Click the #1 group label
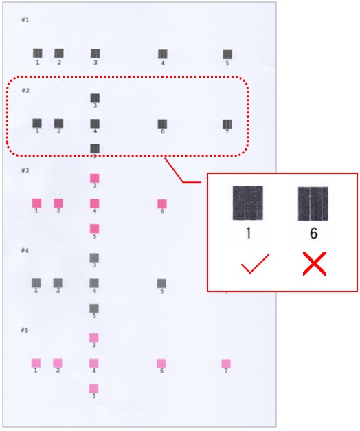tap(25, 20)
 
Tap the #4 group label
tap(25, 250)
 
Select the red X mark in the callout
tap(315, 263)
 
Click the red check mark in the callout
tap(255, 263)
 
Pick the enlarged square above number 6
tap(313, 203)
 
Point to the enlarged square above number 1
tap(248, 203)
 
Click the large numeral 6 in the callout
tap(314, 233)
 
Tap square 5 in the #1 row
tap(227, 54)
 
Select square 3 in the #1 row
tap(95, 54)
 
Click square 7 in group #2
tap(227, 124)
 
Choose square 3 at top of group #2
tap(95, 98)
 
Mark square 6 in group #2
tap(162, 124)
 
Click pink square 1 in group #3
tap(37, 203)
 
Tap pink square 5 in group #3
tap(95, 229)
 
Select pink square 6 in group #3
tap(162, 204)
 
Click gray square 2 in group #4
tap(58, 283)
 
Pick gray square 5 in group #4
tap(94, 309)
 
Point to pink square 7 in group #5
tap(226, 364)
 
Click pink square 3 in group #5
tap(94, 338)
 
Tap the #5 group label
tap(25, 330)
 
